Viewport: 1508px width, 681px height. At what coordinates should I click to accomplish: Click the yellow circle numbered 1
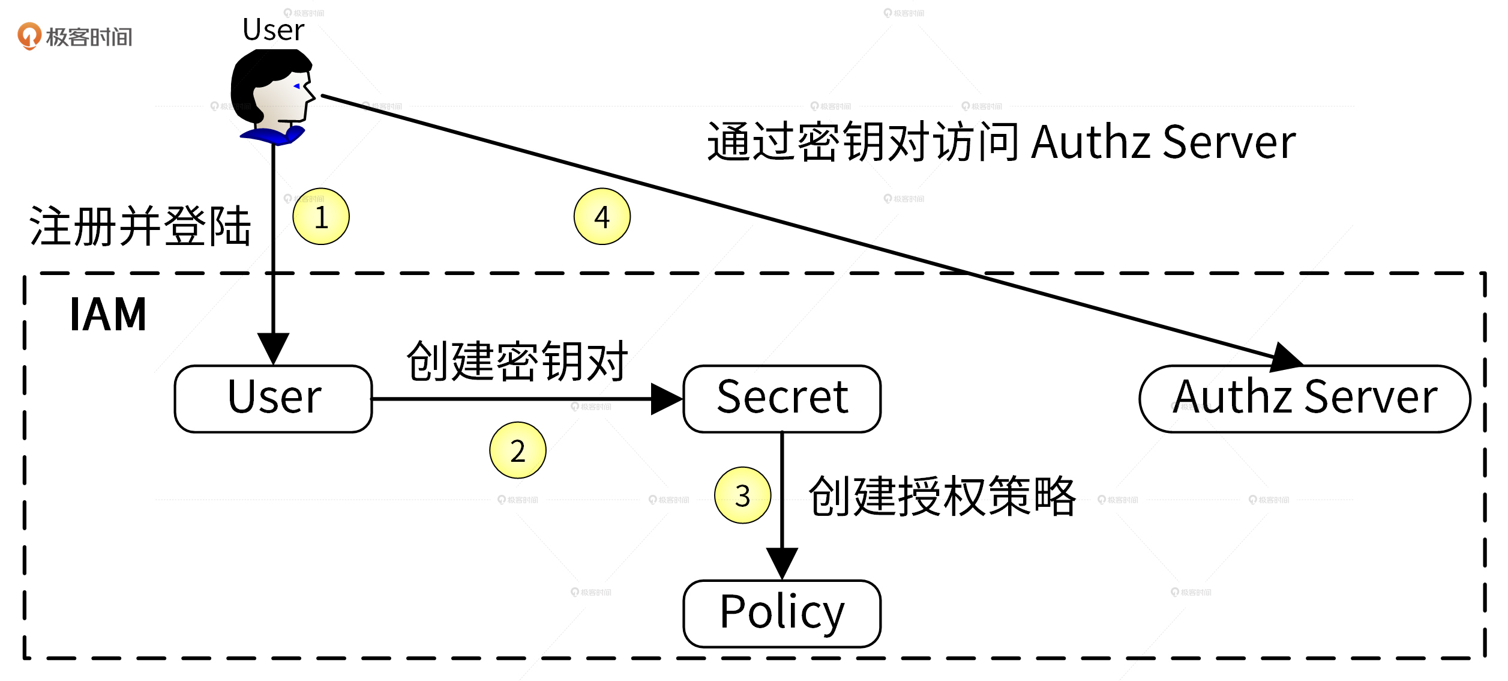(x=321, y=217)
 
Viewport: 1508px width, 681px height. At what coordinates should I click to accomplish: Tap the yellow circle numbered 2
(x=518, y=450)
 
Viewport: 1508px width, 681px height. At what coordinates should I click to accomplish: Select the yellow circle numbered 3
(x=743, y=495)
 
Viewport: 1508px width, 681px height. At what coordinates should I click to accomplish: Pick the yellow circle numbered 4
(x=602, y=217)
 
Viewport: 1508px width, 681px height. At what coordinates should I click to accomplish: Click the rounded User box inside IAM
(x=274, y=399)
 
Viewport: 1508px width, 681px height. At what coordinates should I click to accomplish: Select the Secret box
(x=782, y=399)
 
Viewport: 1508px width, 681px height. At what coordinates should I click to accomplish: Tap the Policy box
(x=782, y=614)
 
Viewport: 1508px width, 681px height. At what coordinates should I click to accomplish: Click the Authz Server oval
(x=1305, y=399)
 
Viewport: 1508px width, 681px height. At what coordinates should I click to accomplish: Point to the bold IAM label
(x=108, y=315)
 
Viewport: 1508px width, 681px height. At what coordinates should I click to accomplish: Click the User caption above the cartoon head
(x=273, y=30)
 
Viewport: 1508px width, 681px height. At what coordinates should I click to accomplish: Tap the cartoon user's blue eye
(x=296, y=86)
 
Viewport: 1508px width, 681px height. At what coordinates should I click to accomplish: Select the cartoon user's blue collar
(x=273, y=136)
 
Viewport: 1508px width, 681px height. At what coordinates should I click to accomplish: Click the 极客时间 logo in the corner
(x=75, y=37)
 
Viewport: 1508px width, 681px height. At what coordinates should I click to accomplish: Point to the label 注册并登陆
(x=140, y=226)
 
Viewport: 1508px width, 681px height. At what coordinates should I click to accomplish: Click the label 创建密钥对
(x=517, y=362)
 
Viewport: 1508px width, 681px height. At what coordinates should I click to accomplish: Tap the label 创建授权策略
(x=942, y=497)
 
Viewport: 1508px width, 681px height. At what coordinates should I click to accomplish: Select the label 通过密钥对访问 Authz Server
(x=1001, y=142)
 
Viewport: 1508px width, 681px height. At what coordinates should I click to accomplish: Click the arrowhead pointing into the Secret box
(x=666, y=399)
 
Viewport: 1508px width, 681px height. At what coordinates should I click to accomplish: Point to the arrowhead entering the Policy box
(x=782, y=563)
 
